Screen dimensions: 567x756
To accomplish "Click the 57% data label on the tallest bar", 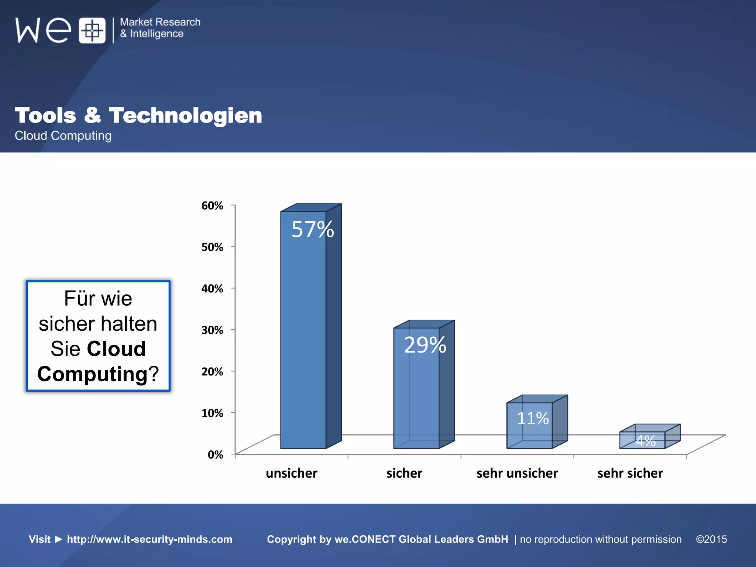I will [312, 229].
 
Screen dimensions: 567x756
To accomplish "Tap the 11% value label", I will [532, 418].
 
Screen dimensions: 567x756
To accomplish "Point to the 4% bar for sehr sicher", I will [642, 440].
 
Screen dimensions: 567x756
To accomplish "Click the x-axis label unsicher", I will [291, 473].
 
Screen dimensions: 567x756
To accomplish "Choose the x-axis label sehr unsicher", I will [517, 473].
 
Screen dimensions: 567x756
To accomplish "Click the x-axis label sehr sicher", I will [630, 473].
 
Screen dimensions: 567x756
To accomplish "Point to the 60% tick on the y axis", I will [212, 206].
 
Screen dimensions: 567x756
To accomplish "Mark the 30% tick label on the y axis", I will [212, 330].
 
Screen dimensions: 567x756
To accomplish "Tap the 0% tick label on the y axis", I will [215, 454].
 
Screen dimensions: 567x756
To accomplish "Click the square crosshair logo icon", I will [92, 30].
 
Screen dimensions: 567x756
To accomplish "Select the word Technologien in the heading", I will [185, 115].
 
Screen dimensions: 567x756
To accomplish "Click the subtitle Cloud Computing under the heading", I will [63, 135].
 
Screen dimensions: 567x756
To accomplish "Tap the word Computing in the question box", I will [92, 374].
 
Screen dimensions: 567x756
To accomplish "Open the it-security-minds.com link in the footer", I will [150, 539].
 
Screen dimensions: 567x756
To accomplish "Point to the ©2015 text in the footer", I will [711, 539].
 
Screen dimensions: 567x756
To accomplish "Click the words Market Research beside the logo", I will [160, 22].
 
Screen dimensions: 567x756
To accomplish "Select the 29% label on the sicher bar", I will [425, 345].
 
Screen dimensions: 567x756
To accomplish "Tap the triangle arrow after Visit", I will [59, 539].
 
